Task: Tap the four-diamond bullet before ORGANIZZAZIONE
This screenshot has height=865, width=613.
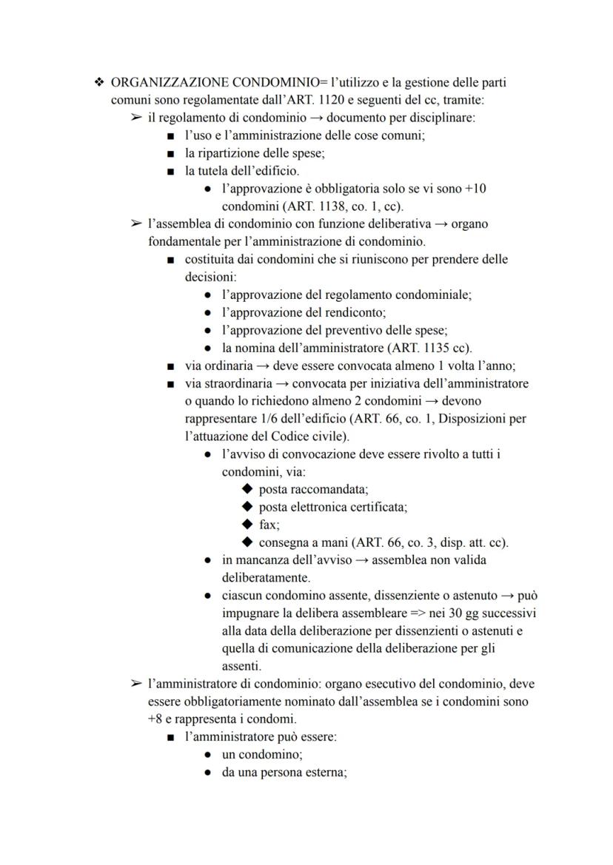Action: click(x=99, y=82)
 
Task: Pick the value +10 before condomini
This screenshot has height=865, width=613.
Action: click(x=475, y=188)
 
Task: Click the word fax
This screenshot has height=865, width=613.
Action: click(x=268, y=525)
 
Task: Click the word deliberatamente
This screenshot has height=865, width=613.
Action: click(x=267, y=577)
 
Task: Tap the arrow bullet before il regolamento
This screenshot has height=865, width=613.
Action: click(x=136, y=118)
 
